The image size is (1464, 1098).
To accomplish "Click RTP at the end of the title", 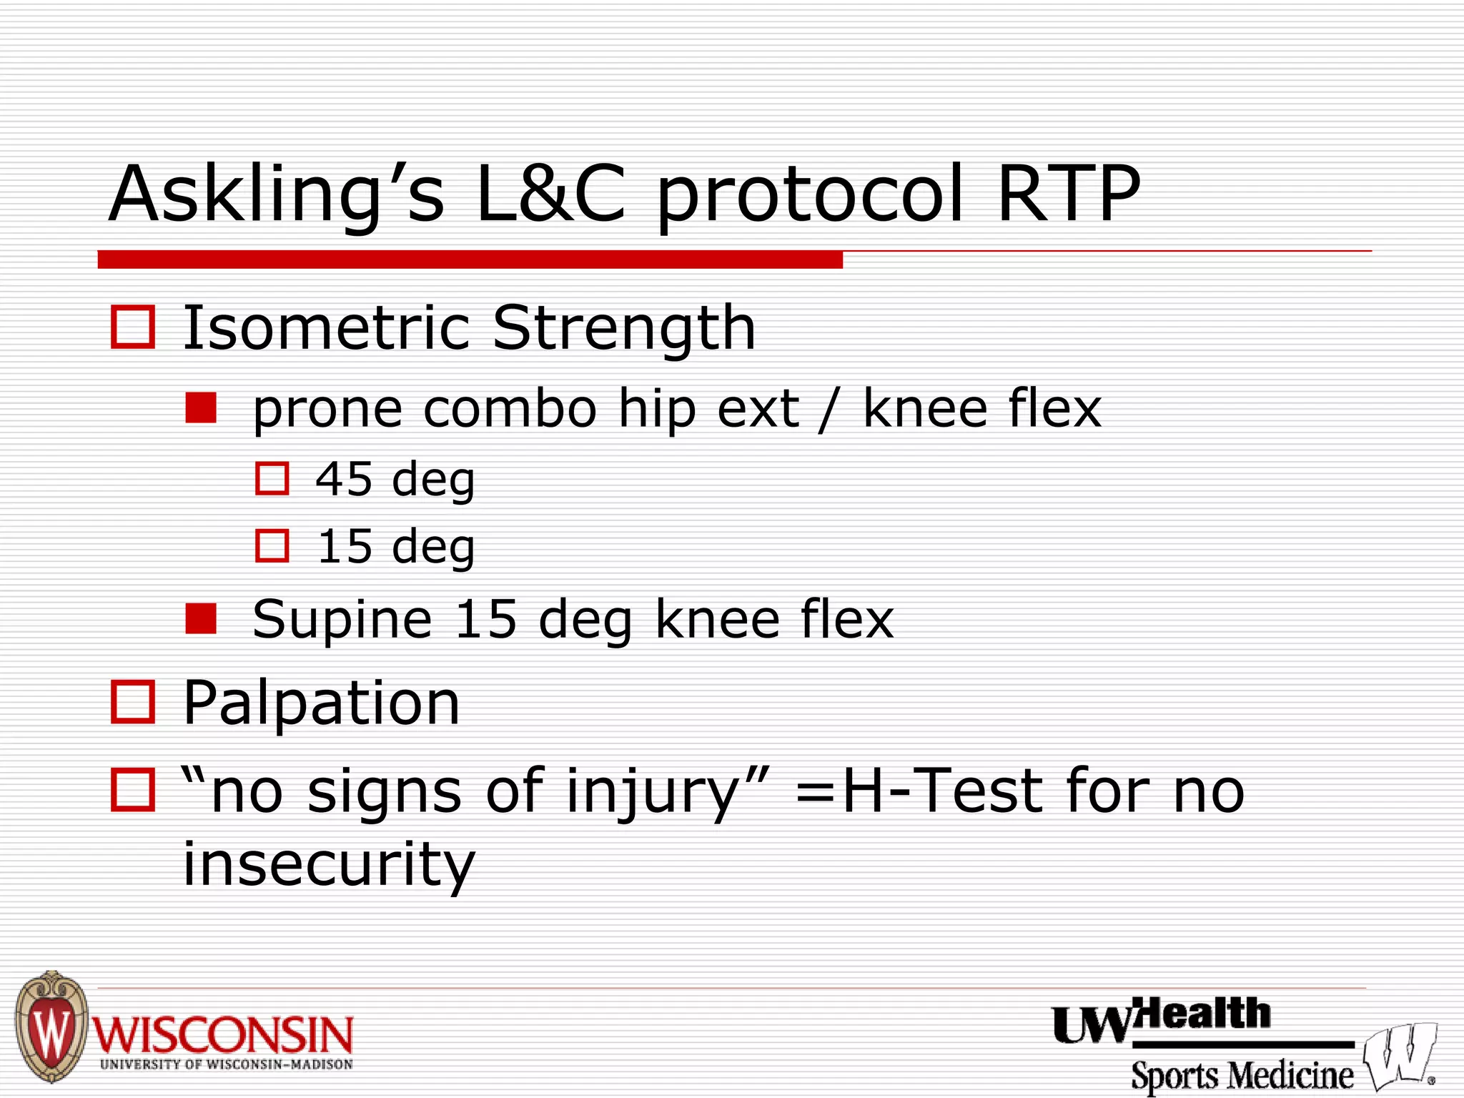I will [x=1068, y=194].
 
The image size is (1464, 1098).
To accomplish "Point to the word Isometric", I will [x=325, y=328].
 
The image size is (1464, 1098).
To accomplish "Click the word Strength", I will [x=624, y=330].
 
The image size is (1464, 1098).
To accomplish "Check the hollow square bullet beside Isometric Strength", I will [x=133, y=327].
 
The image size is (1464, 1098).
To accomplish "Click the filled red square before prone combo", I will [x=201, y=409].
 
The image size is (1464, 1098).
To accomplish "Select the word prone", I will [x=327, y=411].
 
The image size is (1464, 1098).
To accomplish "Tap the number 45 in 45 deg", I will [x=344, y=479].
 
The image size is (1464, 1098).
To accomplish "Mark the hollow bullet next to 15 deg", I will [x=272, y=546].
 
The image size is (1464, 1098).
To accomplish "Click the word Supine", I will [x=342, y=620].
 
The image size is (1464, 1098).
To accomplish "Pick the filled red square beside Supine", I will [x=201, y=619].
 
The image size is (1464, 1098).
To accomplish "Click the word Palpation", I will [x=322, y=705].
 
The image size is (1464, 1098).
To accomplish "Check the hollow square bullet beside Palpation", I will [x=133, y=702].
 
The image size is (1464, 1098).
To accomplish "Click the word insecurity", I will [x=329, y=864].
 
